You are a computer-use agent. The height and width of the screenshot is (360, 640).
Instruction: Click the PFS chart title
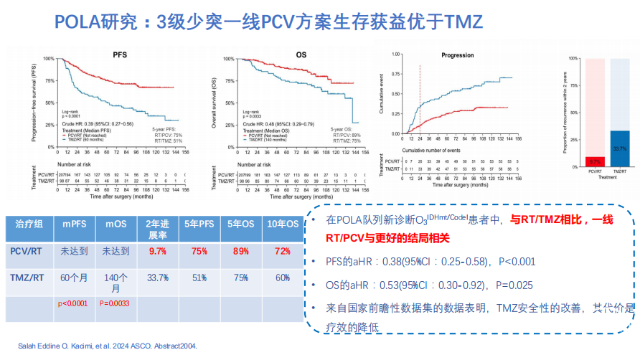pyautogui.click(x=120, y=55)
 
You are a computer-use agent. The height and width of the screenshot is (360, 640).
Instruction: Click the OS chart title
pyautogui.click(x=301, y=55)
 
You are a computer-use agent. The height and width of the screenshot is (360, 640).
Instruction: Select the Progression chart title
pyautogui.click(x=457, y=55)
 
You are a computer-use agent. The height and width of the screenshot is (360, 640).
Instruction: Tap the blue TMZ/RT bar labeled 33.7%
pyautogui.click(x=620, y=149)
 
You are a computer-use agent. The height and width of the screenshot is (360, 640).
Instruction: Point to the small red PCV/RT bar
pyautogui.click(x=594, y=161)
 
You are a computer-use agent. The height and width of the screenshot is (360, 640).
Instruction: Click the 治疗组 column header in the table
pyautogui.click(x=29, y=224)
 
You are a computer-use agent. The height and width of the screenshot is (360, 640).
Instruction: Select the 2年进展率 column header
pyautogui.click(x=158, y=229)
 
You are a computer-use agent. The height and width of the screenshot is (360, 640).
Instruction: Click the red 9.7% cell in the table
pyautogui.click(x=158, y=252)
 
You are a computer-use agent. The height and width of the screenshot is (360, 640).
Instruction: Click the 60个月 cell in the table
pyautogui.click(x=75, y=278)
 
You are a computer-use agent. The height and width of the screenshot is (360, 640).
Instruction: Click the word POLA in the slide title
pyautogui.click(x=82, y=22)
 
